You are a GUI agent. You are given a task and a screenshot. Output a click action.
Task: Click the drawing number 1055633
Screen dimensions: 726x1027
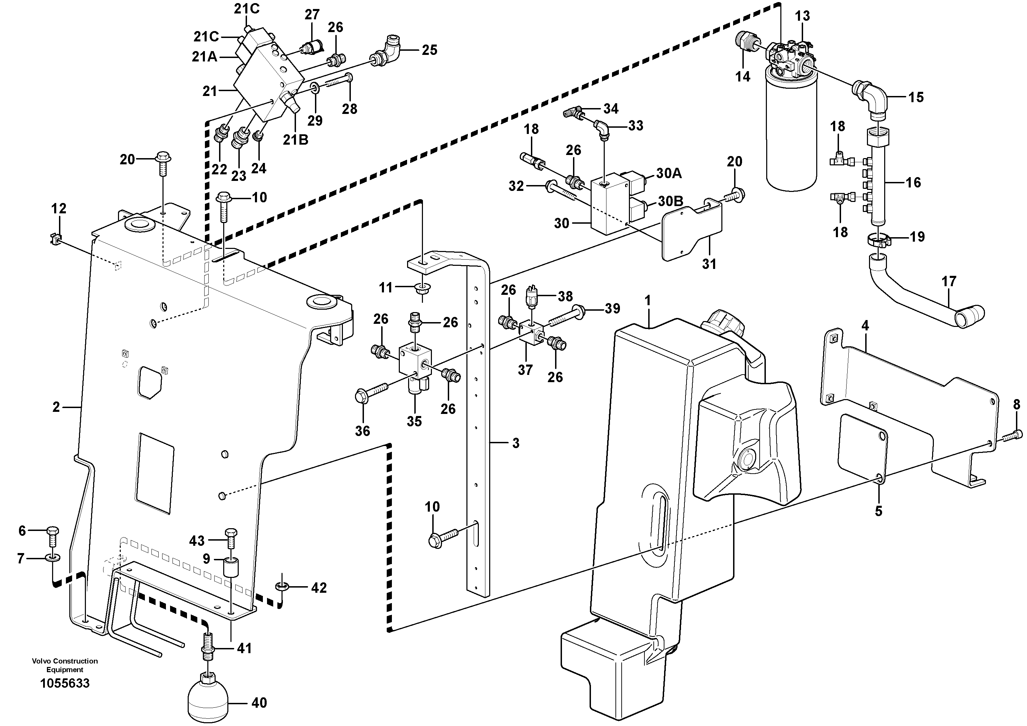point(65,684)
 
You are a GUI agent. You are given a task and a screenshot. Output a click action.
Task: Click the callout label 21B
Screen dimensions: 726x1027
point(296,140)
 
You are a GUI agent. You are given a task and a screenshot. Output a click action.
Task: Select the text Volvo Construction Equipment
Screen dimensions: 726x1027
point(65,665)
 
